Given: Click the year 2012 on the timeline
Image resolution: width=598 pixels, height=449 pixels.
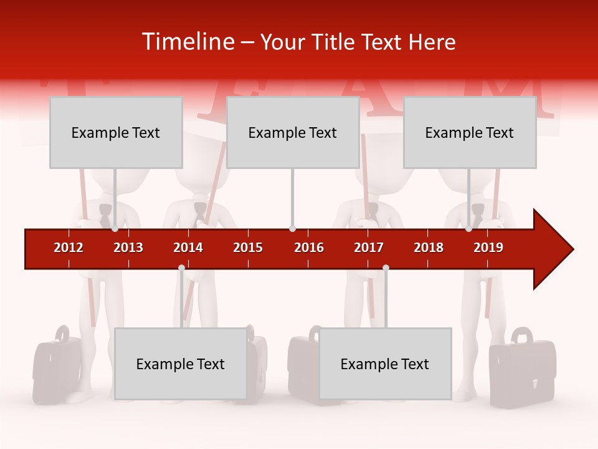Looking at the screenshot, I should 69,248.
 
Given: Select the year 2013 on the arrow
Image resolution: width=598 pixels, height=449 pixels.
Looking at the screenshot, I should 128,248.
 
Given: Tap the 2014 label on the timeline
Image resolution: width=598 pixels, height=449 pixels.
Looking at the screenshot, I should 188,248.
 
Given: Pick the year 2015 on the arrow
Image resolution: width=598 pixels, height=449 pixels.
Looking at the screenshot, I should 248,248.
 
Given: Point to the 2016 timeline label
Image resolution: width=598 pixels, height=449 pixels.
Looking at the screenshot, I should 309,248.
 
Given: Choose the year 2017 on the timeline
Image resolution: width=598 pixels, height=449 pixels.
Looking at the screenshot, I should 369,248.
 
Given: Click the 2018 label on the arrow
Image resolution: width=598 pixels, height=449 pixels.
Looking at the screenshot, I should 429,248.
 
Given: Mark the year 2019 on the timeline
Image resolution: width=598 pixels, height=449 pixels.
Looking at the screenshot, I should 488,248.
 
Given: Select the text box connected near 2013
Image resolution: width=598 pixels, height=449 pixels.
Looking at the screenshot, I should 116,132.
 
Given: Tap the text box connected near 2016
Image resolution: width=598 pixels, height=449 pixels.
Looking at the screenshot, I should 293,132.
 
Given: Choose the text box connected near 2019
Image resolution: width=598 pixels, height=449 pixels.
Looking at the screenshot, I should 470,132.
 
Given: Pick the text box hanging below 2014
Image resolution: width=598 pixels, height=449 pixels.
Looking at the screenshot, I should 181,364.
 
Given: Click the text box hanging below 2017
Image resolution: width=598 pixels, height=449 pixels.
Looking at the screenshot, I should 385,364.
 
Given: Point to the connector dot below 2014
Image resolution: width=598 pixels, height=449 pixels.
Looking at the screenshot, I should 181,268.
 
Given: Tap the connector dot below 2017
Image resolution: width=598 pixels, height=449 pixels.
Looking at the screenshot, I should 386,268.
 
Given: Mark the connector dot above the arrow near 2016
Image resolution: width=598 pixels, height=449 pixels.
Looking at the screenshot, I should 292,229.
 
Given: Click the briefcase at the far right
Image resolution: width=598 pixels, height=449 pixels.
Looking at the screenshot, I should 522,371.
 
